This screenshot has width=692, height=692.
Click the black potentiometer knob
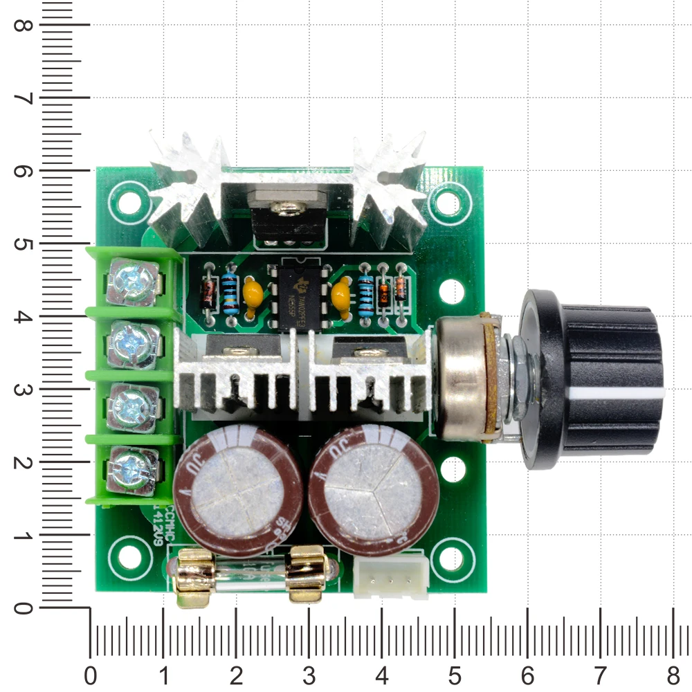(x=595, y=377)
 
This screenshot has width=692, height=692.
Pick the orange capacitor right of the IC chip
(x=340, y=293)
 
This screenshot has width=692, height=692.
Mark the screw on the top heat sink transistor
(x=287, y=206)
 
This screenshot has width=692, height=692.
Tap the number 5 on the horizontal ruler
(x=454, y=675)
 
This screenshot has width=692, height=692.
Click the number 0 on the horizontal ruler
(x=90, y=675)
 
